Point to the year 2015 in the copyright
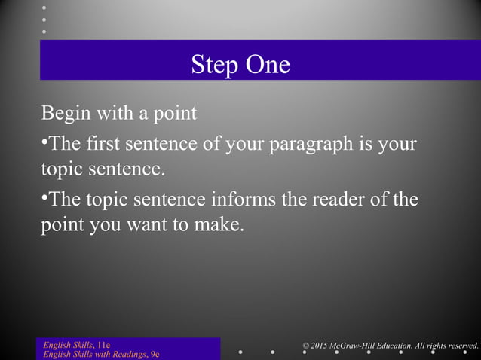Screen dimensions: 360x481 [321, 346]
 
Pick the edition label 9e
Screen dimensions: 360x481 [155, 354]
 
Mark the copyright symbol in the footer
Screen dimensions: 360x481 [305, 346]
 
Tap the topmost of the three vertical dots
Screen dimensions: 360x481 [44, 6]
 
